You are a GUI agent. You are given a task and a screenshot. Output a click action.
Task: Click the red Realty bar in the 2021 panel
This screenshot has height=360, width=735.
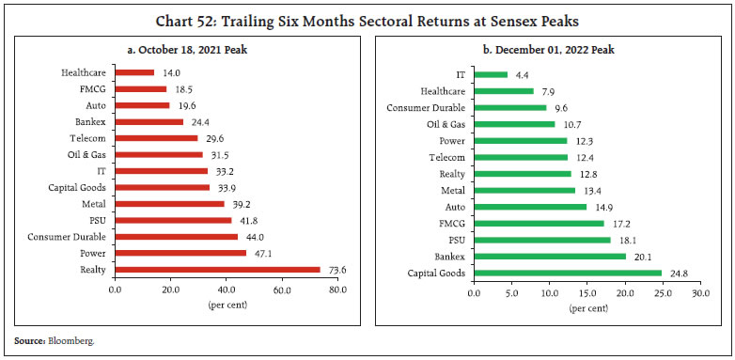coord(217,269)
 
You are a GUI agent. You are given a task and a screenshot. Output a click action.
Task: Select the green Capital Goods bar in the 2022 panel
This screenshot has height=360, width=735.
coord(568,274)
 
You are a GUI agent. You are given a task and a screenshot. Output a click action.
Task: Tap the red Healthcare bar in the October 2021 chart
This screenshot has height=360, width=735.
coord(134,72)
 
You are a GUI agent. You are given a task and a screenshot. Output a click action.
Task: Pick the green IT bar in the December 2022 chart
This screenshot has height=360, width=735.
coord(491,74)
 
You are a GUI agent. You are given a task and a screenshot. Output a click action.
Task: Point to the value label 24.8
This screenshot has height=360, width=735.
coord(677,274)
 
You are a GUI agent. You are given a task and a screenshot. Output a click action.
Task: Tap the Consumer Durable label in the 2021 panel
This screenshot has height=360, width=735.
coord(68,236)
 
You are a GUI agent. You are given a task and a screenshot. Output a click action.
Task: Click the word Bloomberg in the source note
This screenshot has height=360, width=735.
coord(72,341)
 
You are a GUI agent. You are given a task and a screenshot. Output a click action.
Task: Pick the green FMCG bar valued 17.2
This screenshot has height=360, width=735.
coord(540,224)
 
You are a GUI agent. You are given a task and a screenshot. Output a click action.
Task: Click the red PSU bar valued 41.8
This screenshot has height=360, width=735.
coord(173,220)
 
